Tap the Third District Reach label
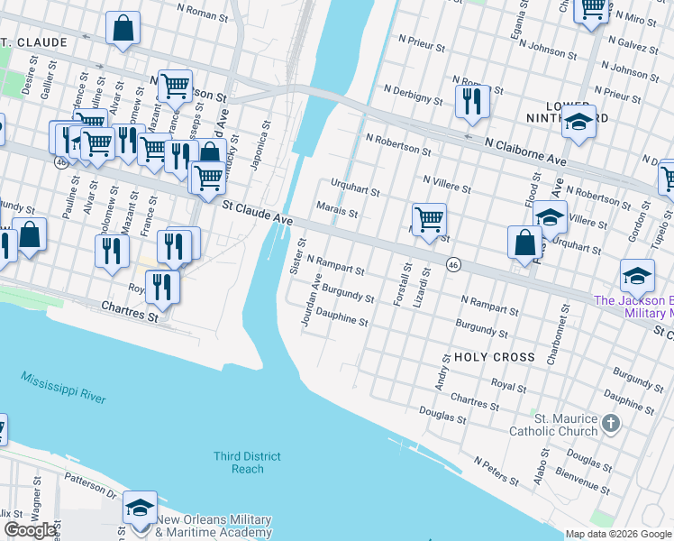pos(247,463)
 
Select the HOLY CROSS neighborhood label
pos(495,357)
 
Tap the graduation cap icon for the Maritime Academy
pos(140,508)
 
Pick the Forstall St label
pos(402,283)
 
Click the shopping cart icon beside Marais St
pos(430,218)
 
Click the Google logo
pos(30,530)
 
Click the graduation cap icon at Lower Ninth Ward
pos(578,123)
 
